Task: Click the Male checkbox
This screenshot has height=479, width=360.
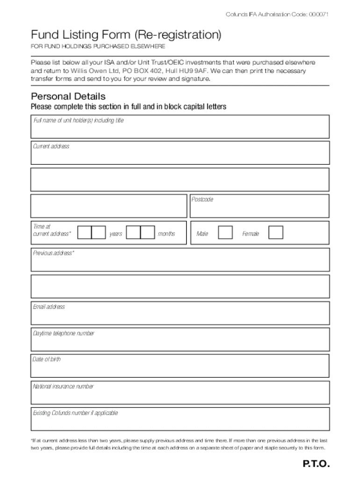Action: pyautogui.click(x=225, y=232)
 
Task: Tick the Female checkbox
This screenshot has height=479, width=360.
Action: pyautogui.click(x=276, y=232)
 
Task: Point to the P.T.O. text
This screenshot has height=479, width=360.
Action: pyautogui.click(x=316, y=464)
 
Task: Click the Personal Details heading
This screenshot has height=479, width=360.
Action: pyautogui.click(x=68, y=97)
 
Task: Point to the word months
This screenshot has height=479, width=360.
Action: pyautogui.click(x=166, y=233)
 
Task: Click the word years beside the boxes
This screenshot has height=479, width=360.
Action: pyautogui.click(x=115, y=233)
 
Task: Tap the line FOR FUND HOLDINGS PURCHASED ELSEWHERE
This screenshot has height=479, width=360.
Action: pyautogui.click(x=98, y=47)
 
